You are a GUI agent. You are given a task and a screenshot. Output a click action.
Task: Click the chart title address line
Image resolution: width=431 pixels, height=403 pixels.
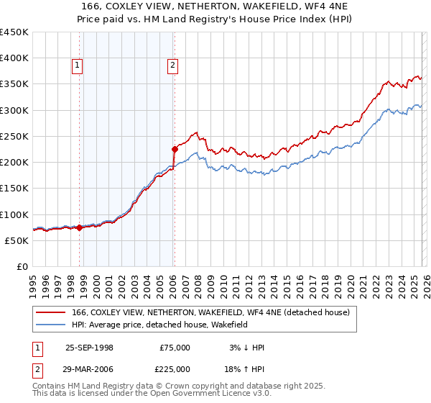(x=215, y=6)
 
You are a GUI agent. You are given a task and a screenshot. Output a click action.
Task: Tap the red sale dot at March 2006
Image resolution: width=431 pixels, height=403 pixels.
(x=175, y=150)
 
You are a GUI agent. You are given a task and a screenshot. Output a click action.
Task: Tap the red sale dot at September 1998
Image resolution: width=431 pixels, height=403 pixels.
(x=80, y=227)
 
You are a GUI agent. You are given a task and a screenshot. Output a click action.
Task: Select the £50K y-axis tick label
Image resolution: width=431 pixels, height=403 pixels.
(x=17, y=240)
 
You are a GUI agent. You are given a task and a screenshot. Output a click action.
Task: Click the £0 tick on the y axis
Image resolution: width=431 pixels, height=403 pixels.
(x=24, y=266)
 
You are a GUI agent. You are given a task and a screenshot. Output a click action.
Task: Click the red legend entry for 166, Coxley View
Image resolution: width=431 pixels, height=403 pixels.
(x=210, y=312)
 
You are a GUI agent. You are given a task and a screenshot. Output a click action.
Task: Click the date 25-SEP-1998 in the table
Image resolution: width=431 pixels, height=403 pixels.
(x=90, y=348)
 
